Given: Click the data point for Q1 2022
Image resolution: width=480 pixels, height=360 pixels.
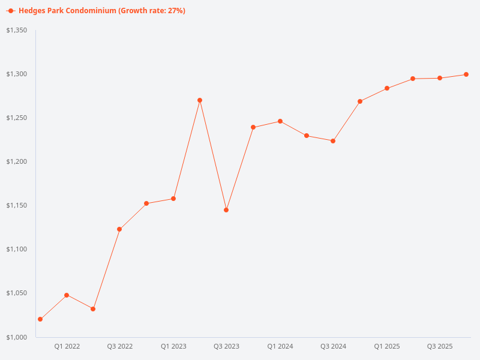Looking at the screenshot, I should (x=67, y=295).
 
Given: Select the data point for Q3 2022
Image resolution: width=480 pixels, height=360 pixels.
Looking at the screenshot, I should (x=119, y=229).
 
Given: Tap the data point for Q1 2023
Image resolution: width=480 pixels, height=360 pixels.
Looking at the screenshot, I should (x=173, y=199).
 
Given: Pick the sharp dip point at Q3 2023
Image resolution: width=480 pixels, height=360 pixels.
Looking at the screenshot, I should (x=226, y=210).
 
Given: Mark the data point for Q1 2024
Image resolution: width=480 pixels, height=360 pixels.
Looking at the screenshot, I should (x=280, y=121).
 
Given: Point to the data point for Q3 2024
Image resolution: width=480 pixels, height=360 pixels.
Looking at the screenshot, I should (x=333, y=141).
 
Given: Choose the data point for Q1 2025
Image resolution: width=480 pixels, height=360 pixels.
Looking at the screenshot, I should (x=387, y=88).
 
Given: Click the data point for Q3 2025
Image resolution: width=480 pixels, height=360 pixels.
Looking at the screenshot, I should (x=440, y=78).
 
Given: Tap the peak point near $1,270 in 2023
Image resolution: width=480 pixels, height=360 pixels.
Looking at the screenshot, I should (x=200, y=100).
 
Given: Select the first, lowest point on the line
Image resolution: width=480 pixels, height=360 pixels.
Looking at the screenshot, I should (x=40, y=319).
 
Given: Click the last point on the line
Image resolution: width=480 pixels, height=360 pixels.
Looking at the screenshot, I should (x=466, y=74).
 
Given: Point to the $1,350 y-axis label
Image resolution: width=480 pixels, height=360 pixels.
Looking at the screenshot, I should (x=17, y=30).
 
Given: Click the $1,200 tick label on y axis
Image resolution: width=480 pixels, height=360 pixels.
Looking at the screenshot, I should (x=17, y=161).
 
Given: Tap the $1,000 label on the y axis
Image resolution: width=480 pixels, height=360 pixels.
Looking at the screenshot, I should (x=17, y=337).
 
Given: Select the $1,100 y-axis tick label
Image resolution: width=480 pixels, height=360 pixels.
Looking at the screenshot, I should (x=17, y=249).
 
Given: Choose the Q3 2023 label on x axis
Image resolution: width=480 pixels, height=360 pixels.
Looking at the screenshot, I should (x=226, y=346).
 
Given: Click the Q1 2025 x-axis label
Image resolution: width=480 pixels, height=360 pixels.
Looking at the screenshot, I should (x=387, y=346).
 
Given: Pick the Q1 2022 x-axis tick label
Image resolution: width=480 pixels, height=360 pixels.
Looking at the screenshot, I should (x=67, y=346).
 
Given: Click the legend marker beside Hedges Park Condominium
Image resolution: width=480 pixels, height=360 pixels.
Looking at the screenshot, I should (x=11, y=11).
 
